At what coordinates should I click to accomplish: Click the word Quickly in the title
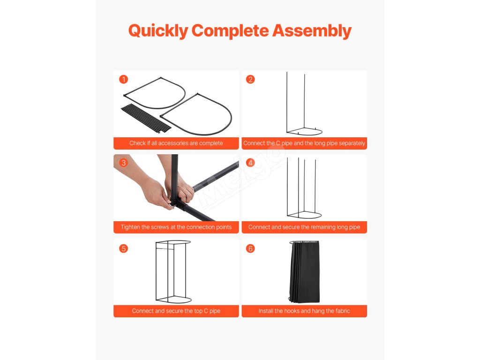tap(158, 31)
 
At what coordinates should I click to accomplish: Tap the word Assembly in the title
tap(312, 31)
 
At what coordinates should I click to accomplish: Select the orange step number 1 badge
tap(124, 80)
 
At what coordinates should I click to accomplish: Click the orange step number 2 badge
tap(250, 80)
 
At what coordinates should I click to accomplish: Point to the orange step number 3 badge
tap(124, 163)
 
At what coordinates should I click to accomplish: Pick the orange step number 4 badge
tap(250, 163)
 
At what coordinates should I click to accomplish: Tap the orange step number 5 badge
tap(124, 248)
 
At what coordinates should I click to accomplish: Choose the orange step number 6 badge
tap(250, 248)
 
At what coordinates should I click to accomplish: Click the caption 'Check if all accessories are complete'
tap(176, 143)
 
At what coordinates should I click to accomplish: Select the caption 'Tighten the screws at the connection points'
tap(176, 227)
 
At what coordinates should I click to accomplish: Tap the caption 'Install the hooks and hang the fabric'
tap(304, 311)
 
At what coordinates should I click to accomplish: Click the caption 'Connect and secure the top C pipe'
tap(176, 311)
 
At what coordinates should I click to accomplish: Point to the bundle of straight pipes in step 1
tap(146, 119)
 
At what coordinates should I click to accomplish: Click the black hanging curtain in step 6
tap(304, 272)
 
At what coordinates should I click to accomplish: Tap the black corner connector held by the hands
tap(179, 203)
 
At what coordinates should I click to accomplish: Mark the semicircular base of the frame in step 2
tap(304, 132)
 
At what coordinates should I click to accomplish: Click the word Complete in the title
tap(230, 31)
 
